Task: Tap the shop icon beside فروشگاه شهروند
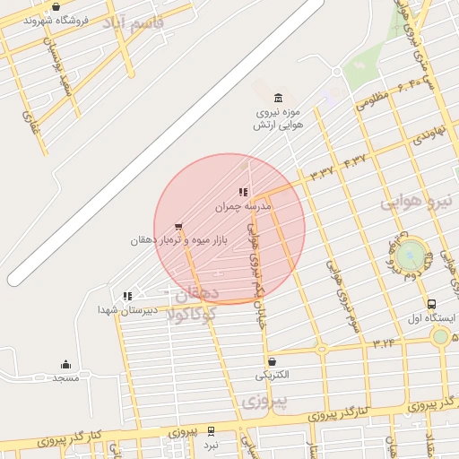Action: pyautogui.click(x=56, y=7)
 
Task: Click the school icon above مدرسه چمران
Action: pyautogui.click(x=242, y=192)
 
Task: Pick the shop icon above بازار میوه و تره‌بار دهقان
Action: pyautogui.click(x=178, y=227)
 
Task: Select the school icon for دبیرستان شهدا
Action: pyautogui.click(x=127, y=295)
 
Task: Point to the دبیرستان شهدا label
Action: pyautogui.click(x=126, y=309)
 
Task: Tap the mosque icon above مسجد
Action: pyautogui.click(x=65, y=364)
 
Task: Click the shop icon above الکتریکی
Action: pyautogui.click(x=272, y=361)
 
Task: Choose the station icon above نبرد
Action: pyautogui.click(x=210, y=431)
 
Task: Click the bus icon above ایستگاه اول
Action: pyautogui.click(x=432, y=305)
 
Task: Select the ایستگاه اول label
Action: pyautogui.click(x=432, y=318)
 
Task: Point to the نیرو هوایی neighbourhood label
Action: pyautogui.click(x=418, y=203)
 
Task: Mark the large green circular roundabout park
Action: pyautogui.click(x=411, y=255)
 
